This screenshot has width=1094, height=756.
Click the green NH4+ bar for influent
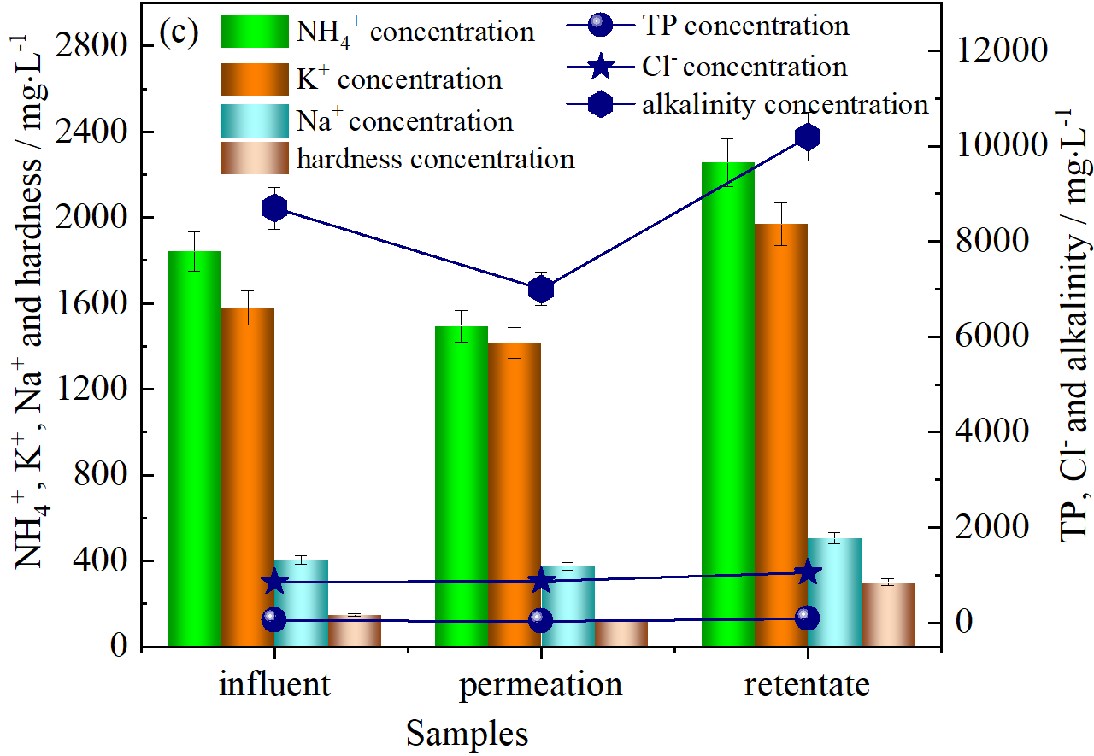pyautogui.click(x=195, y=448)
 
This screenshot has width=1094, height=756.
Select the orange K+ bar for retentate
pyautogui.click(x=781, y=436)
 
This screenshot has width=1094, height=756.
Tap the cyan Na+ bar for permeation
pyautogui.click(x=568, y=607)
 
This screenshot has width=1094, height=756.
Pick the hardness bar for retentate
pyautogui.click(x=888, y=614)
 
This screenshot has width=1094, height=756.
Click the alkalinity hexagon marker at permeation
pyautogui.click(x=541, y=290)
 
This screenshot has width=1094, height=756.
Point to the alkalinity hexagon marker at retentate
pyautogui.click(x=808, y=137)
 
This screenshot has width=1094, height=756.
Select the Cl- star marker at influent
pyautogui.click(x=274, y=583)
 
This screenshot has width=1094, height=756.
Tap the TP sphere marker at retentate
pyautogui.click(x=808, y=618)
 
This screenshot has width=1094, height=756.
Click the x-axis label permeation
pyautogui.click(x=541, y=685)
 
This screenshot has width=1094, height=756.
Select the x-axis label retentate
pyautogui.click(x=807, y=685)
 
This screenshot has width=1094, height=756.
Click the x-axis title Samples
pyautogui.click(x=467, y=733)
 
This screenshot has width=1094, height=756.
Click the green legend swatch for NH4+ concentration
pyautogui.click(x=254, y=32)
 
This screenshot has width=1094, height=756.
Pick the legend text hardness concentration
pyautogui.click(x=435, y=159)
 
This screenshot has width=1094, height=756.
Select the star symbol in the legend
pyautogui.click(x=602, y=66)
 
